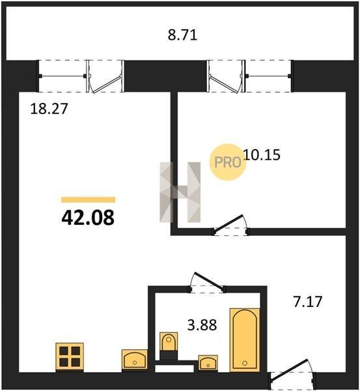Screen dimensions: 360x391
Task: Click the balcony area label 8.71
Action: (182, 35)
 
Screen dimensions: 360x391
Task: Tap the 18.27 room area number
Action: (49, 109)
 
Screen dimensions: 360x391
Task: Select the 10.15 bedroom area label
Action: (262, 154)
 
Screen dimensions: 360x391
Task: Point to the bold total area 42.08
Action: (88, 217)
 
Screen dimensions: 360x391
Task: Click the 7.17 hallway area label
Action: (308, 302)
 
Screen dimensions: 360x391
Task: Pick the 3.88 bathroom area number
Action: (202, 325)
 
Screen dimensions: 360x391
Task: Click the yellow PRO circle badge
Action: (228, 162)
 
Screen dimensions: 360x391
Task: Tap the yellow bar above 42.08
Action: (89, 199)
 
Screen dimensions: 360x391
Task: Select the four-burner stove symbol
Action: (70, 357)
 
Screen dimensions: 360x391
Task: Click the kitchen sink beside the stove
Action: (135, 360)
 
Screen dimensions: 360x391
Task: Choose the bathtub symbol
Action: (245, 340)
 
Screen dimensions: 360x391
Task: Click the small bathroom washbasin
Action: (208, 363)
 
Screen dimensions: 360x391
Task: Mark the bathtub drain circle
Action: (245, 363)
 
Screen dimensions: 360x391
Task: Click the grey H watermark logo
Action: (180, 192)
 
